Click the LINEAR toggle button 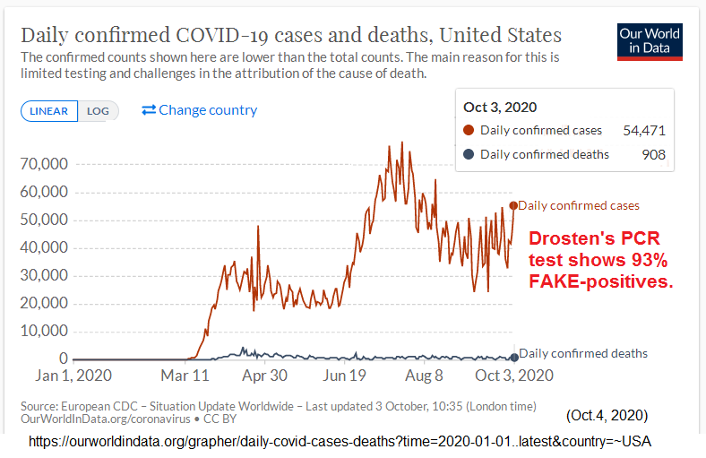tap(49, 111)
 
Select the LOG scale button tap(98, 111)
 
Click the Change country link tap(199, 110)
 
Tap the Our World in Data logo tap(650, 40)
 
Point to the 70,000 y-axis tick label tap(42, 164)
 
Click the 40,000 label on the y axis tap(42, 247)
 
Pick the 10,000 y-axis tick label tap(42, 331)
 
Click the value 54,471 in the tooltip tap(646, 130)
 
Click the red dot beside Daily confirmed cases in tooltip tap(469, 130)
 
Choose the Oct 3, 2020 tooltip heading tap(500, 108)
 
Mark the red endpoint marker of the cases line tap(513, 205)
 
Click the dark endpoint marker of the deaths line tap(513, 358)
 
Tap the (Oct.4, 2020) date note tap(607, 417)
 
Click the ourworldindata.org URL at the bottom tap(340, 442)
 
